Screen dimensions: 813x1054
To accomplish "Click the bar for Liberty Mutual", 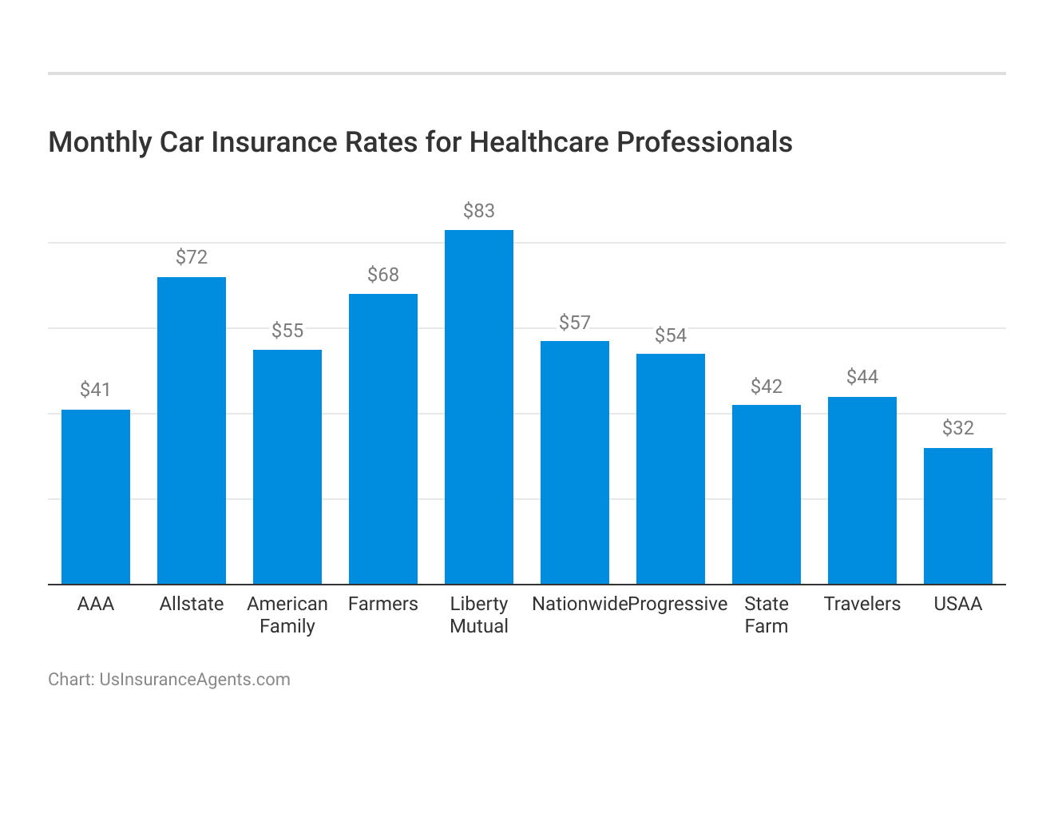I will point(479,407).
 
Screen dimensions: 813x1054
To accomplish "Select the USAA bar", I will point(958,516).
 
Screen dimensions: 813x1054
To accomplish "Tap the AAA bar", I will point(96,497).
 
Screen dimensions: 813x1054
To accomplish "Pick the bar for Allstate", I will point(192,430).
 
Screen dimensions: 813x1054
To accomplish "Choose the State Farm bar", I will point(767,494).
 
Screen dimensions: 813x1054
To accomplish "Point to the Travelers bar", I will point(862,490).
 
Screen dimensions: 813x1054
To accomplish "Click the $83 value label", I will point(479,211).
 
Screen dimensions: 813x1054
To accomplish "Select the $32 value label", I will point(958,428).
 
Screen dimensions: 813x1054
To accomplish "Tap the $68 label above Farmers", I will point(383,275).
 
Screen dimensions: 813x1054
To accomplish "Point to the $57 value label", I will point(575,323).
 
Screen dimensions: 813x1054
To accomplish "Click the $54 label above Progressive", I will point(671,335).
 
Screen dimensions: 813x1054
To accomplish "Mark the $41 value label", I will point(96,390).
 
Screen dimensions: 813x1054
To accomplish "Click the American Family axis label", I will point(287,615).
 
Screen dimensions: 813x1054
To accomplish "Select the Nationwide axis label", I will point(580,604).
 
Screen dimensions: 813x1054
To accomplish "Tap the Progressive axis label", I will point(679,604).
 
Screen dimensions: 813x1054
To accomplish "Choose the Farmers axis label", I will point(383,604).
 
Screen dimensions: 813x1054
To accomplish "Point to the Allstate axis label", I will point(192,604).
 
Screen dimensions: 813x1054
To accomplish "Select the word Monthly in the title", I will point(100,142).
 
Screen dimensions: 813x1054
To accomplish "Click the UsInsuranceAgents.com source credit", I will point(194,680).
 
